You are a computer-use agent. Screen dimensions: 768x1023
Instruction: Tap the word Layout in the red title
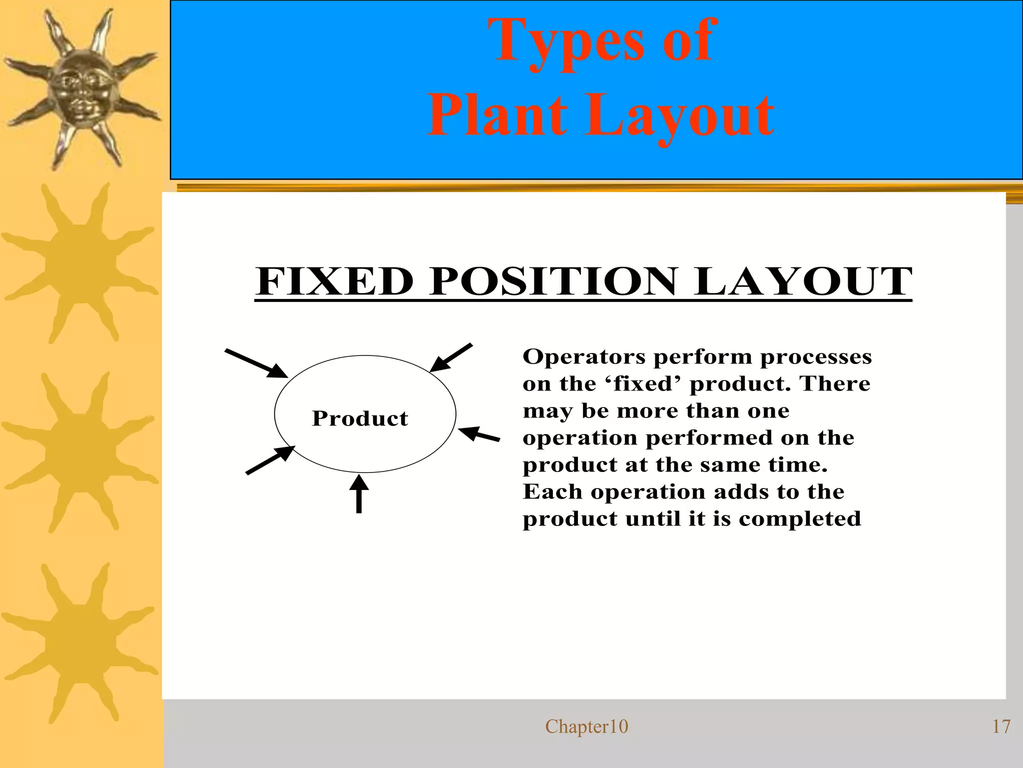(x=679, y=117)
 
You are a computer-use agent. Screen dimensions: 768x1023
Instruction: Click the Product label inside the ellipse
(x=360, y=418)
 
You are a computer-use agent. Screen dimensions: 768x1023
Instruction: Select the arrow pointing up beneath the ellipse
(x=359, y=494)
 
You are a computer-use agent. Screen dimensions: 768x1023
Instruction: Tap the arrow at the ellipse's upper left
(x=256, y=363)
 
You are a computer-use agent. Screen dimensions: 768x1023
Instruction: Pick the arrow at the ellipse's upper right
(x=451, y=357)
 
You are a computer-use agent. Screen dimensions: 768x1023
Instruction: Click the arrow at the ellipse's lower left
(x=270, y=460)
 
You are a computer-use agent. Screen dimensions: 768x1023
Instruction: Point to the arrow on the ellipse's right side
(x=479, y=434)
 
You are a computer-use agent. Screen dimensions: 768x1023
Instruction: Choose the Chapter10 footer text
(x=586, y=726)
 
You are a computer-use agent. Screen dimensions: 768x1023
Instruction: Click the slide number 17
(x=1001, y=726)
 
